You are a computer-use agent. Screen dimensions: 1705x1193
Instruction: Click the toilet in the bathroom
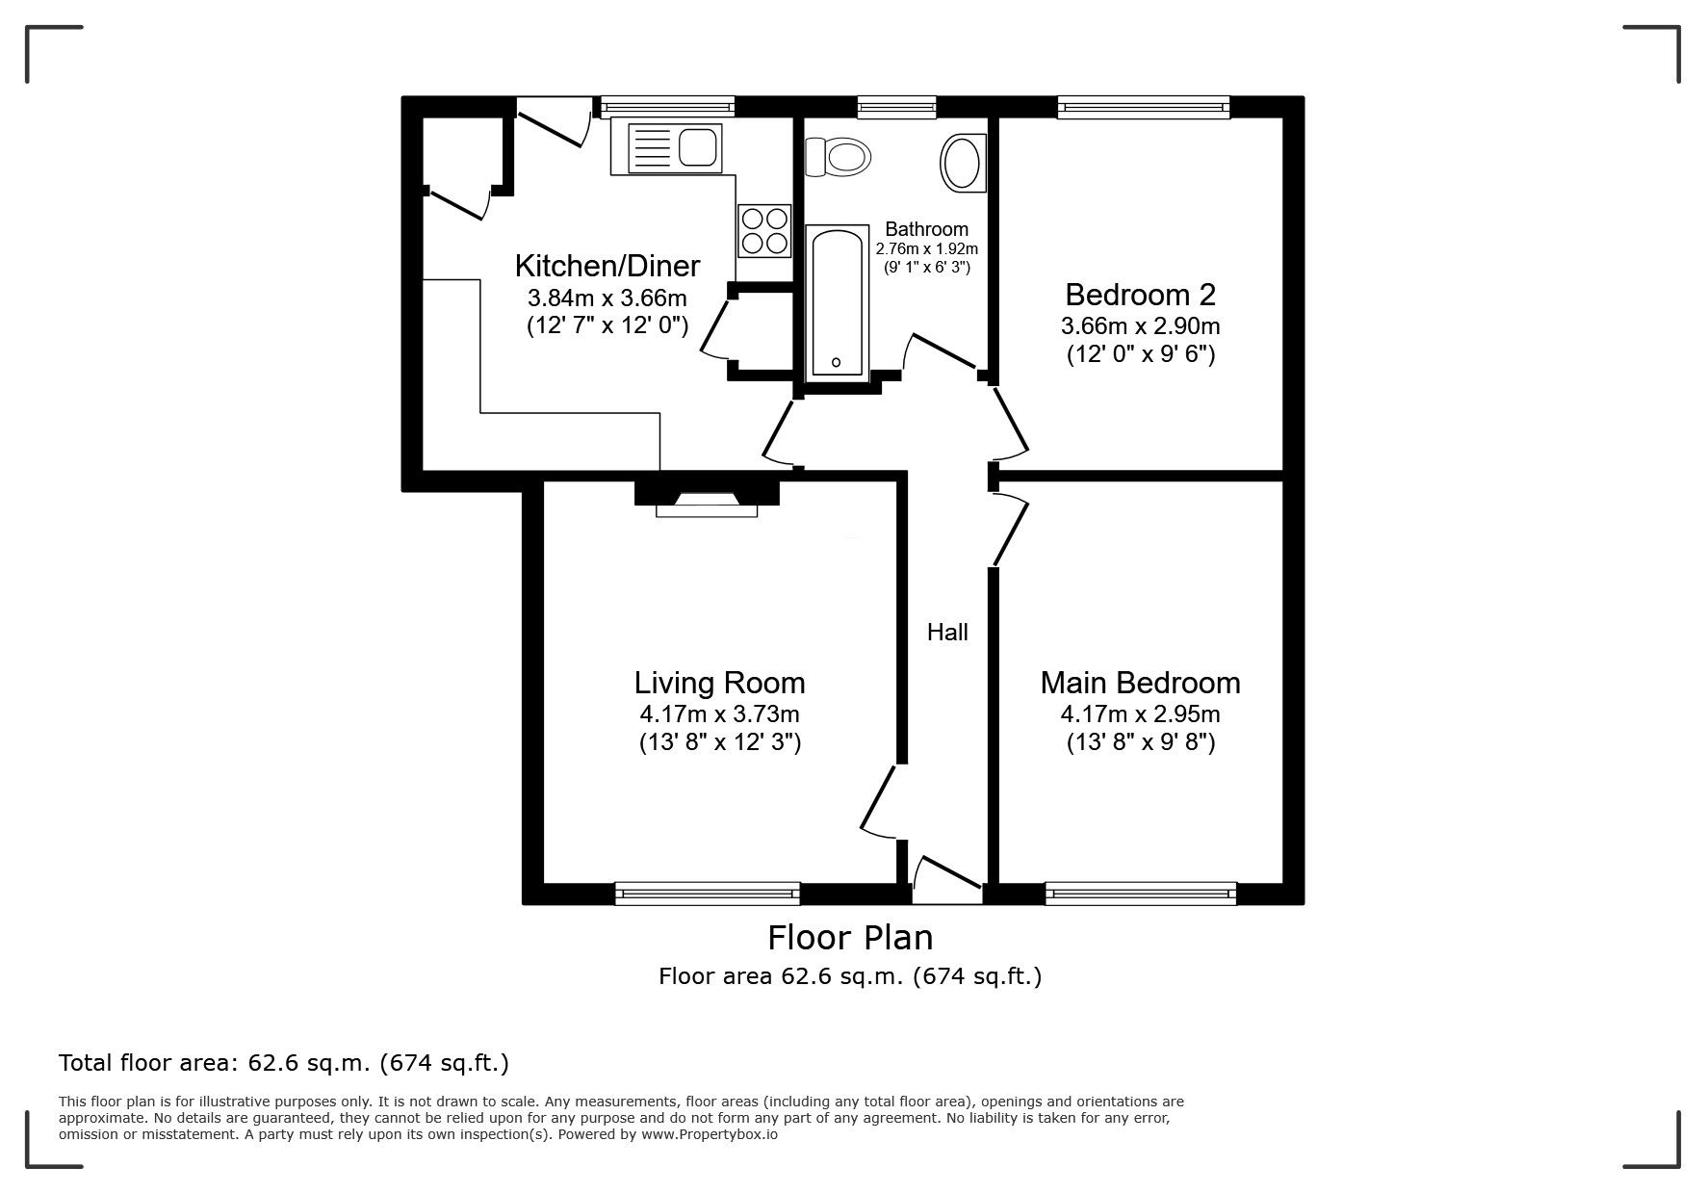(836, 156)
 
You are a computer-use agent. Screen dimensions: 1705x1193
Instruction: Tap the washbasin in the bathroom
(963, 162)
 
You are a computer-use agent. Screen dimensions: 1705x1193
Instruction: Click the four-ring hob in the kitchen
(764, 230)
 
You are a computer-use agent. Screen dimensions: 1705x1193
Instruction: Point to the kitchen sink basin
(698, 147)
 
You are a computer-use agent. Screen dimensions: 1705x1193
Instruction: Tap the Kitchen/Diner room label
(607, 265)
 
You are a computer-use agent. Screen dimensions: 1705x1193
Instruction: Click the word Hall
(947, 633)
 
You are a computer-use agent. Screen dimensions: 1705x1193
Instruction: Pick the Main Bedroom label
(1141, 683)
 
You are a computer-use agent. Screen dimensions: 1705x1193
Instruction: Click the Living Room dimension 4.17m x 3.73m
(719, 714)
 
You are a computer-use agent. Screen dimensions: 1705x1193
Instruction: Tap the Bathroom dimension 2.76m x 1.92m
(926, 248)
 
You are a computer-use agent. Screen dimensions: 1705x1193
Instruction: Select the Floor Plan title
(850, 937)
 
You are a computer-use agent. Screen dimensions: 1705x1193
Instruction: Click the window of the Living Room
(708, 894)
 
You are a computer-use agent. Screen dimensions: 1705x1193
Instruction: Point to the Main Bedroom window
(1141, 894)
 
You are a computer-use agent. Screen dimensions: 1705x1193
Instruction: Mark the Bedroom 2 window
(1144, 107)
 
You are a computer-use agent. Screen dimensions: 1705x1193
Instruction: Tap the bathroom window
(897, 107)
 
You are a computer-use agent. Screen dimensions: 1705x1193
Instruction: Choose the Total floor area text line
(284, 1064)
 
